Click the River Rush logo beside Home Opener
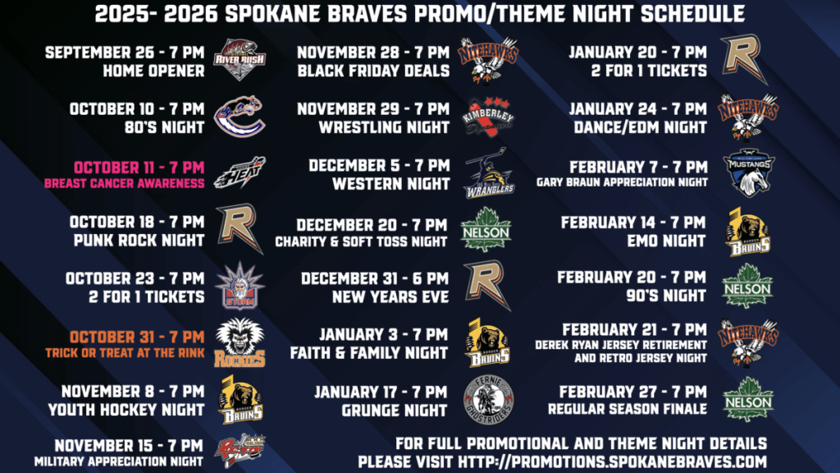click(240, 59)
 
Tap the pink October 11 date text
click(139, 168)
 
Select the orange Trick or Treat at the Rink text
click(125, 353)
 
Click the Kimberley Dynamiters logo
click(488, 117)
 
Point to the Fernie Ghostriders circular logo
click(488, 400)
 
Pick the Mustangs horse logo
click(748, 172)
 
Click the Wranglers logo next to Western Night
click(489, 174)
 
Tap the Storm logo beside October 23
click(240, 287)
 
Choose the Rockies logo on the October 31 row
click(240, 342)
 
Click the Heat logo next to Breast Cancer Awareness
click(240, 172)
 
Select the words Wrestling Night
click(384, 127)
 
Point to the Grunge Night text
click(395, 411)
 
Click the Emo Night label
click(666, 241)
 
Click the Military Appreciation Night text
click(118, 462)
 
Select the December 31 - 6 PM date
click(374, 278)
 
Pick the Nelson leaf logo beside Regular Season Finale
click(748, 400)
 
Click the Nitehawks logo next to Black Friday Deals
click(488, 60)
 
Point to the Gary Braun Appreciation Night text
click(622, 182)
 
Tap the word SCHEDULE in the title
click(692, 14)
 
